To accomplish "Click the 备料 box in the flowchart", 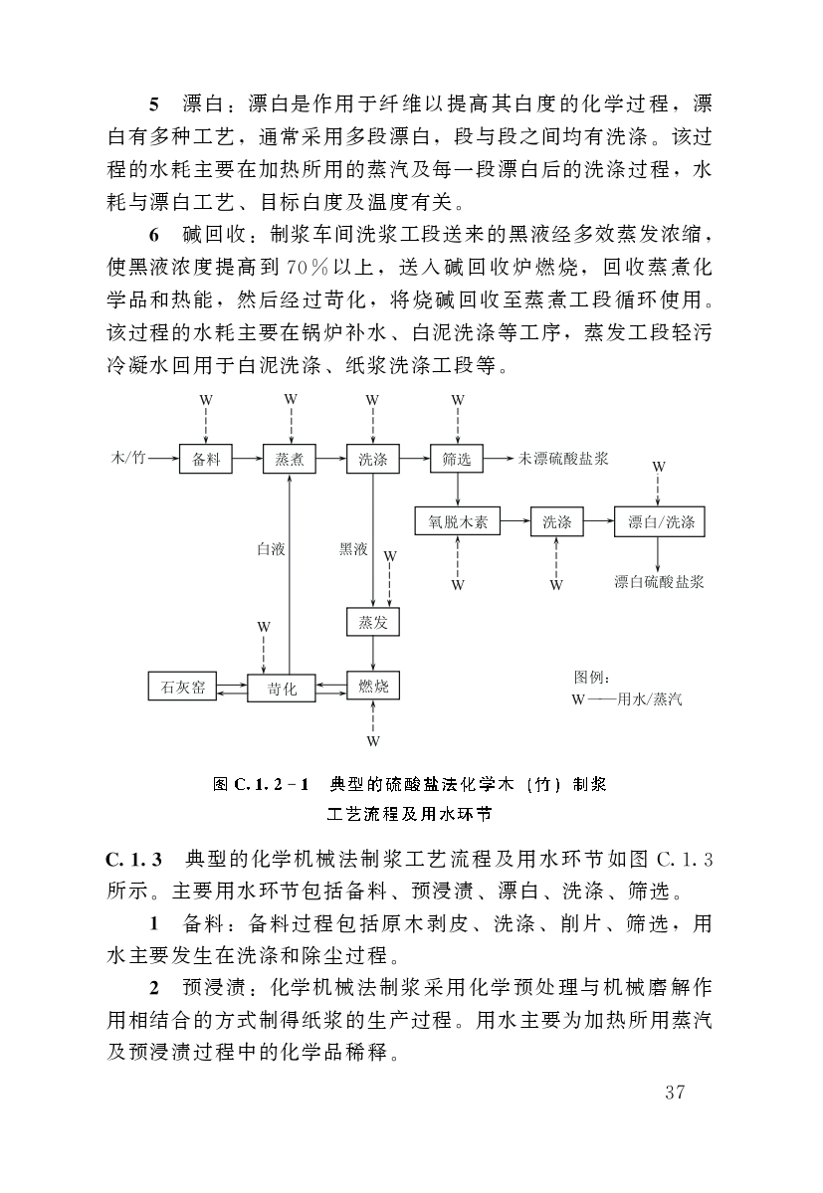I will pos(205,460).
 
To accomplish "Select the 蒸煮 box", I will pos(289,460).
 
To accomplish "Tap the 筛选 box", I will pos(456,460).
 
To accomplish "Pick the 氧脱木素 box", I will pos(457,521).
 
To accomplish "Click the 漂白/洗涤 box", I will pos(660,521).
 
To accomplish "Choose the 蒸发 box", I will pos(372,623).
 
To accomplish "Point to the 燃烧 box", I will pos(372,686).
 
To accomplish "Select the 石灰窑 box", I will pos(182,686).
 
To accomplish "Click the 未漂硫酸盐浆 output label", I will pos(563,459).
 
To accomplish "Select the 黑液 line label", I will pos(353,548).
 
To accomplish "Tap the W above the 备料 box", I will pos(206,399).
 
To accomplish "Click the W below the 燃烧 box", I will pos(372,741).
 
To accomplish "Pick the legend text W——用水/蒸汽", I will pos(627,698).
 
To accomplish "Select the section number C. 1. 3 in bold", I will pos(140,858).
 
